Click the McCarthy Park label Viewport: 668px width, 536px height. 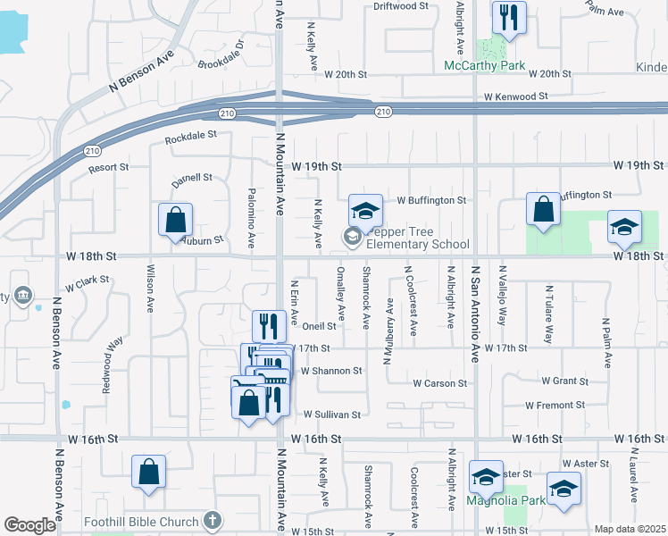pyautogui.click(x=485, y=66)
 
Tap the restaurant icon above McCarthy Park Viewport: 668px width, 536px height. pyautogui.click(x=509, y=16)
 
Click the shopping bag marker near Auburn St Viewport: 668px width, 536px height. pyautogui.click(x=176, y=220)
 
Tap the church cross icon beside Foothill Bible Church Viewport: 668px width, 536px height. pyautogui.click(x=213, y=519)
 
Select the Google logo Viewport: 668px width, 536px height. pyautogui.click(x=29, y=525)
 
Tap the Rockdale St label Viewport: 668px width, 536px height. pyautogui.click(x=191, y=137)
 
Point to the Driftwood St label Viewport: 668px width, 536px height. pyautogui.click(x=401, y=5)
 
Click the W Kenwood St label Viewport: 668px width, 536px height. pyautogui.click(x=516, y=96)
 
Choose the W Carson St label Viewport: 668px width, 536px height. pyautogui.click(x=439, y=383)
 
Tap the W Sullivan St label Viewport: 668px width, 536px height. pyautogui.click(x=331, y=415)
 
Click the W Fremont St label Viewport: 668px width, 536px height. pyautogui.click(x=555, y=405)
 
